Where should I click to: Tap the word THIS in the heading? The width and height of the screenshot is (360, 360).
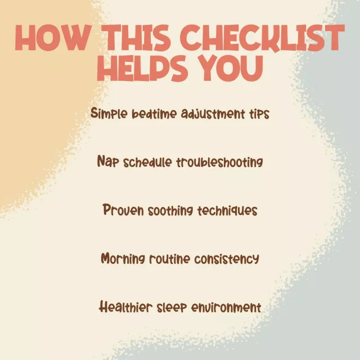point(136,38)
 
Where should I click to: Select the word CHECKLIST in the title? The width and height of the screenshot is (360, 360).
point(263,38)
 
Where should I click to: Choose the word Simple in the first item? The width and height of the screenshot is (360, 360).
point(109,113)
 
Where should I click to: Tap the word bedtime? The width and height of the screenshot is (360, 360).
point(154,114)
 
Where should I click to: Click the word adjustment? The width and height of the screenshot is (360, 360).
point(213,114)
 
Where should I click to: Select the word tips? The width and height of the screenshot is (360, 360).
point(259,114)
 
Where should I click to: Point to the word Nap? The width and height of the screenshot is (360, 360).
point(108,161)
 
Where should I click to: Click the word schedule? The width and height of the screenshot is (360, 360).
point(147,162)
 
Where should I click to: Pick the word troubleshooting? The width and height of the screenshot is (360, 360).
point(219,163)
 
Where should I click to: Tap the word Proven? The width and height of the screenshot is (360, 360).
point(123,210)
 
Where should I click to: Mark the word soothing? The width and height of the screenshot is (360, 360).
point(170,211)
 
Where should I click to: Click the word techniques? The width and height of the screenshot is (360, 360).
point(227,211)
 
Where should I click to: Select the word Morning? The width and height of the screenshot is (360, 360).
point(123,259)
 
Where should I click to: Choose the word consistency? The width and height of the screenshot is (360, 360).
point(227,259)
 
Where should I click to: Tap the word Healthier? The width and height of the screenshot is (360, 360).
point(126,307)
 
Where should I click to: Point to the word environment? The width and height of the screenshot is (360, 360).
point(226,308)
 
